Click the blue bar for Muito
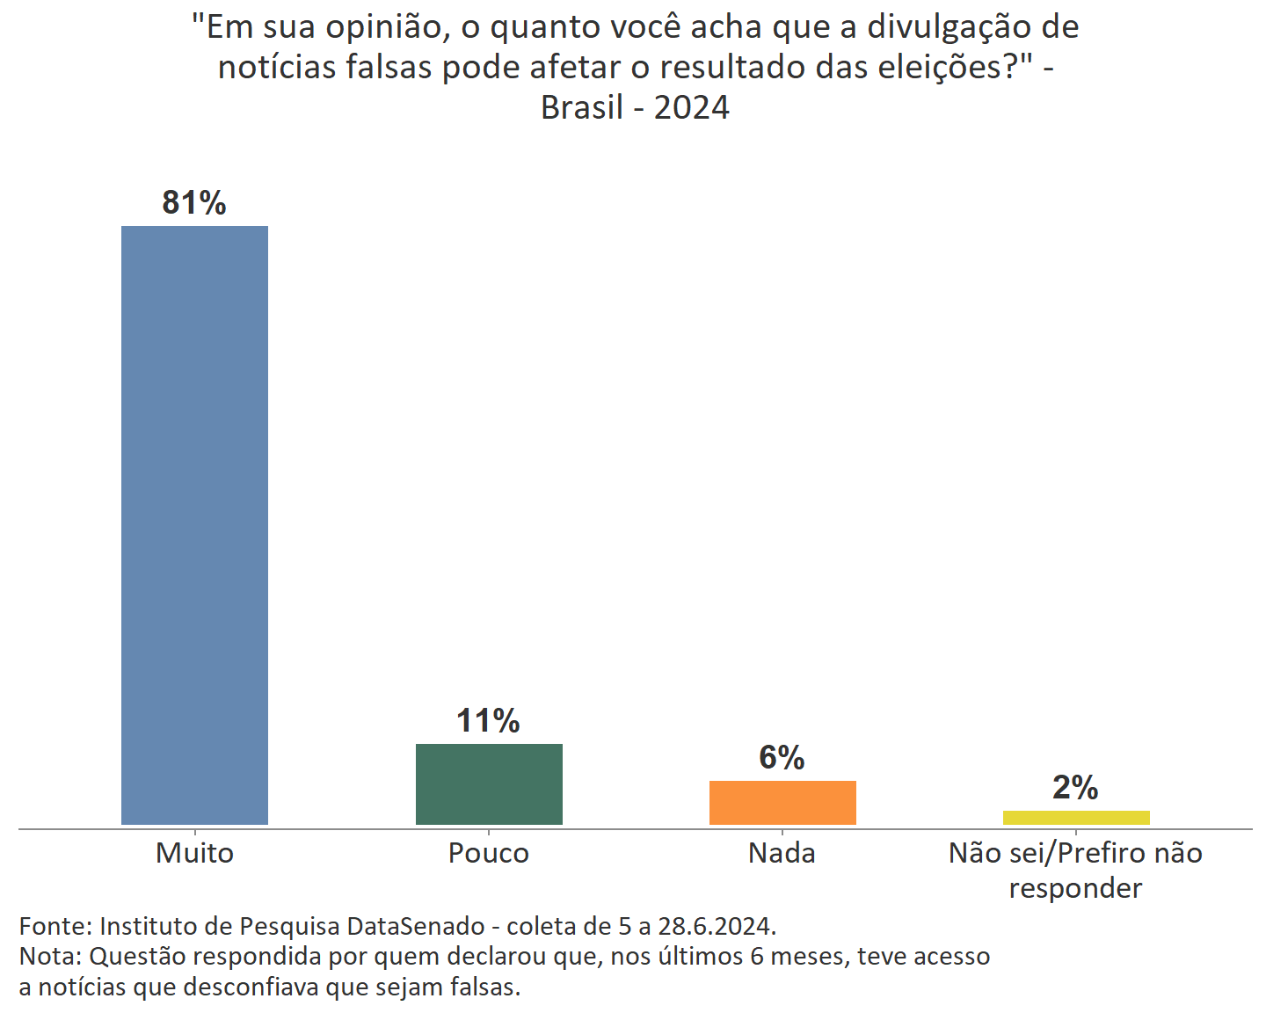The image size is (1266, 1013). (x=194, y=525)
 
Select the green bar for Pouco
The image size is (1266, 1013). (x=489, y=784)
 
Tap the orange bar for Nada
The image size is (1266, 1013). (x=782, y=802)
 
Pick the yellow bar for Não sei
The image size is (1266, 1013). (x=1076, y=818)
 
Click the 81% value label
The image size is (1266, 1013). (x=194, y=203)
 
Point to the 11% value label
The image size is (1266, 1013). (x=488, y=721)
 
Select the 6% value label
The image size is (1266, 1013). (x=782, y=757)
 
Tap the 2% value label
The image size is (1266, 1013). (x=1075, y=787)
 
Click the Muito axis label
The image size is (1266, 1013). (x=194, y=853)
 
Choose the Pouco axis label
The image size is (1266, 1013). (x=489, y=853)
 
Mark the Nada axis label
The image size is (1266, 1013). (x=782, y=853)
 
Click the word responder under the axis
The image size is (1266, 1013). (x=1075, y=888)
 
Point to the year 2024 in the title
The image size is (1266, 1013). (x=692, y=107)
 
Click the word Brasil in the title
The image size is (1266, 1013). (x=582, y=107)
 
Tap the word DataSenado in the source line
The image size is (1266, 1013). (x=416, y=926)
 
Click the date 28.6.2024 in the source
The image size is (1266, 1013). (x=717, y=926)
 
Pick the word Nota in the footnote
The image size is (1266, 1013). (x=49, y=956)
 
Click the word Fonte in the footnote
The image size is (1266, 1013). (x=55, y=926)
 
